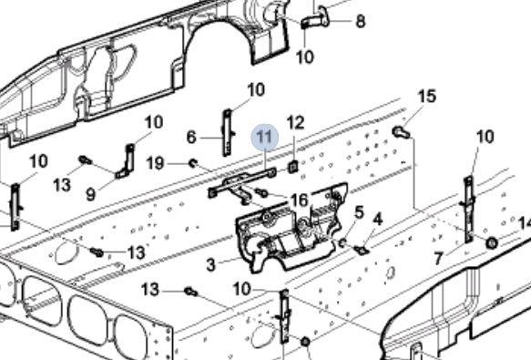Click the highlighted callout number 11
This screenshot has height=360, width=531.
coord(264,137)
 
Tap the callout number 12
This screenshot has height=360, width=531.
coord(295,122)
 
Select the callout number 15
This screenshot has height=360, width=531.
coord(427,97)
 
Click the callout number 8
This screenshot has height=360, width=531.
coord(361,21)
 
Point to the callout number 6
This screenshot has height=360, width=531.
coord(191,138)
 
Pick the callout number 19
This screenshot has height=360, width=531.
coord(155,163)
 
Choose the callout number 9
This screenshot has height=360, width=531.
coord(91,194)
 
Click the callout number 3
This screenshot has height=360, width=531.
coord(210,264)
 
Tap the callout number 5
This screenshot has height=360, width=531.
coord(359,212)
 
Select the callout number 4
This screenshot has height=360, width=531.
coord(378,220)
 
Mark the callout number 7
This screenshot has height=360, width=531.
coord(438,259)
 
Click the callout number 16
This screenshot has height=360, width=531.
coord(300,200)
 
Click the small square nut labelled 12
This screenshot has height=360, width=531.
coord(293,167)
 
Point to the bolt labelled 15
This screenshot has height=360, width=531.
coord(402,132)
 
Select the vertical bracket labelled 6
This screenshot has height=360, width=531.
coord(227,132)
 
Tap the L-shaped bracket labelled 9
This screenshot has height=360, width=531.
coord(127,161)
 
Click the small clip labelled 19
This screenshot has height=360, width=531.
coord(193,163)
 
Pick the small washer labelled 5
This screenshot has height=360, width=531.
coord(342,242)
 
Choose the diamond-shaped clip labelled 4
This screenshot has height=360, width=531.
coord(362,250)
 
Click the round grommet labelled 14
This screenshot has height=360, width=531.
coord(492,242)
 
